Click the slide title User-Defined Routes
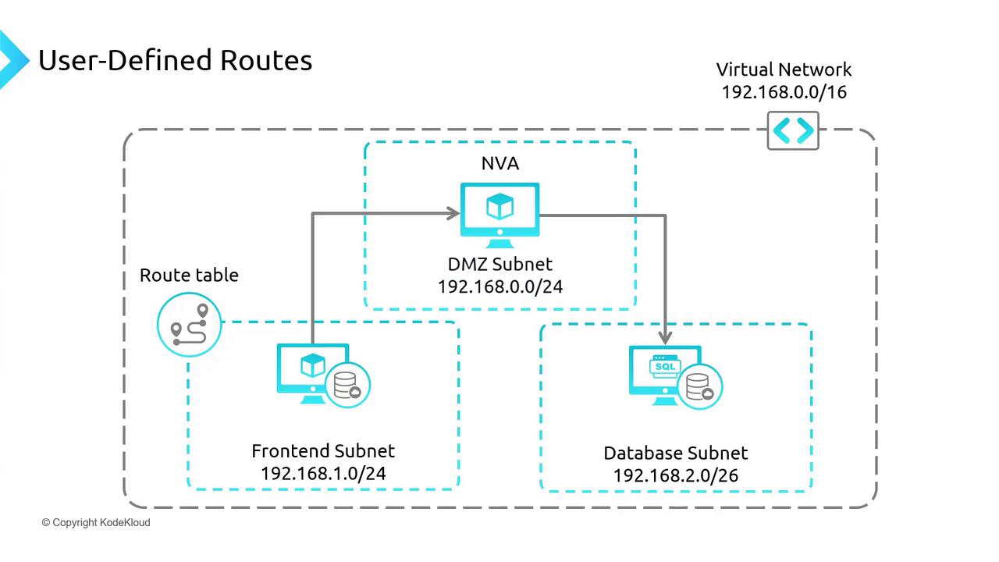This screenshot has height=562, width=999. click(x=175, y=60)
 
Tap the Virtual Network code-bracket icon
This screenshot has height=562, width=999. click(x=793, y=130)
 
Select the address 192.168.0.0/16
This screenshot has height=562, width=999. click(x=784, y=91)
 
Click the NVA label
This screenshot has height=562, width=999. click(x=499, y=163)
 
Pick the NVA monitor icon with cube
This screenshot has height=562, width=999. click(x=499, y=209)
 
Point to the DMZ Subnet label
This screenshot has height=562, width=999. click(x=499, y=265)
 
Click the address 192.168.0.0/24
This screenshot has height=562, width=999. click(x=499, y=286)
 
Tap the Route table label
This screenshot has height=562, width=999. click(x=189, y=275)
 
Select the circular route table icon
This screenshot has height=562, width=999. click(x=190, y=325)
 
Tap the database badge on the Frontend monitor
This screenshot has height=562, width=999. click(x=347, y=386)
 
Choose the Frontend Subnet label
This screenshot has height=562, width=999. click(x=323, y=451)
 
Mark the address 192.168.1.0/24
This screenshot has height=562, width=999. click(x=323, y=473)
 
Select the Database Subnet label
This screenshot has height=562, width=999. click(x=676, y=454)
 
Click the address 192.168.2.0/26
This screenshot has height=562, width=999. click(x=676, y=475)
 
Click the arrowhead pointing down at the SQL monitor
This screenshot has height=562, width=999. click(x=665, y=336)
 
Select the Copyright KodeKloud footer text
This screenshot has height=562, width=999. click(x=96, y=522)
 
